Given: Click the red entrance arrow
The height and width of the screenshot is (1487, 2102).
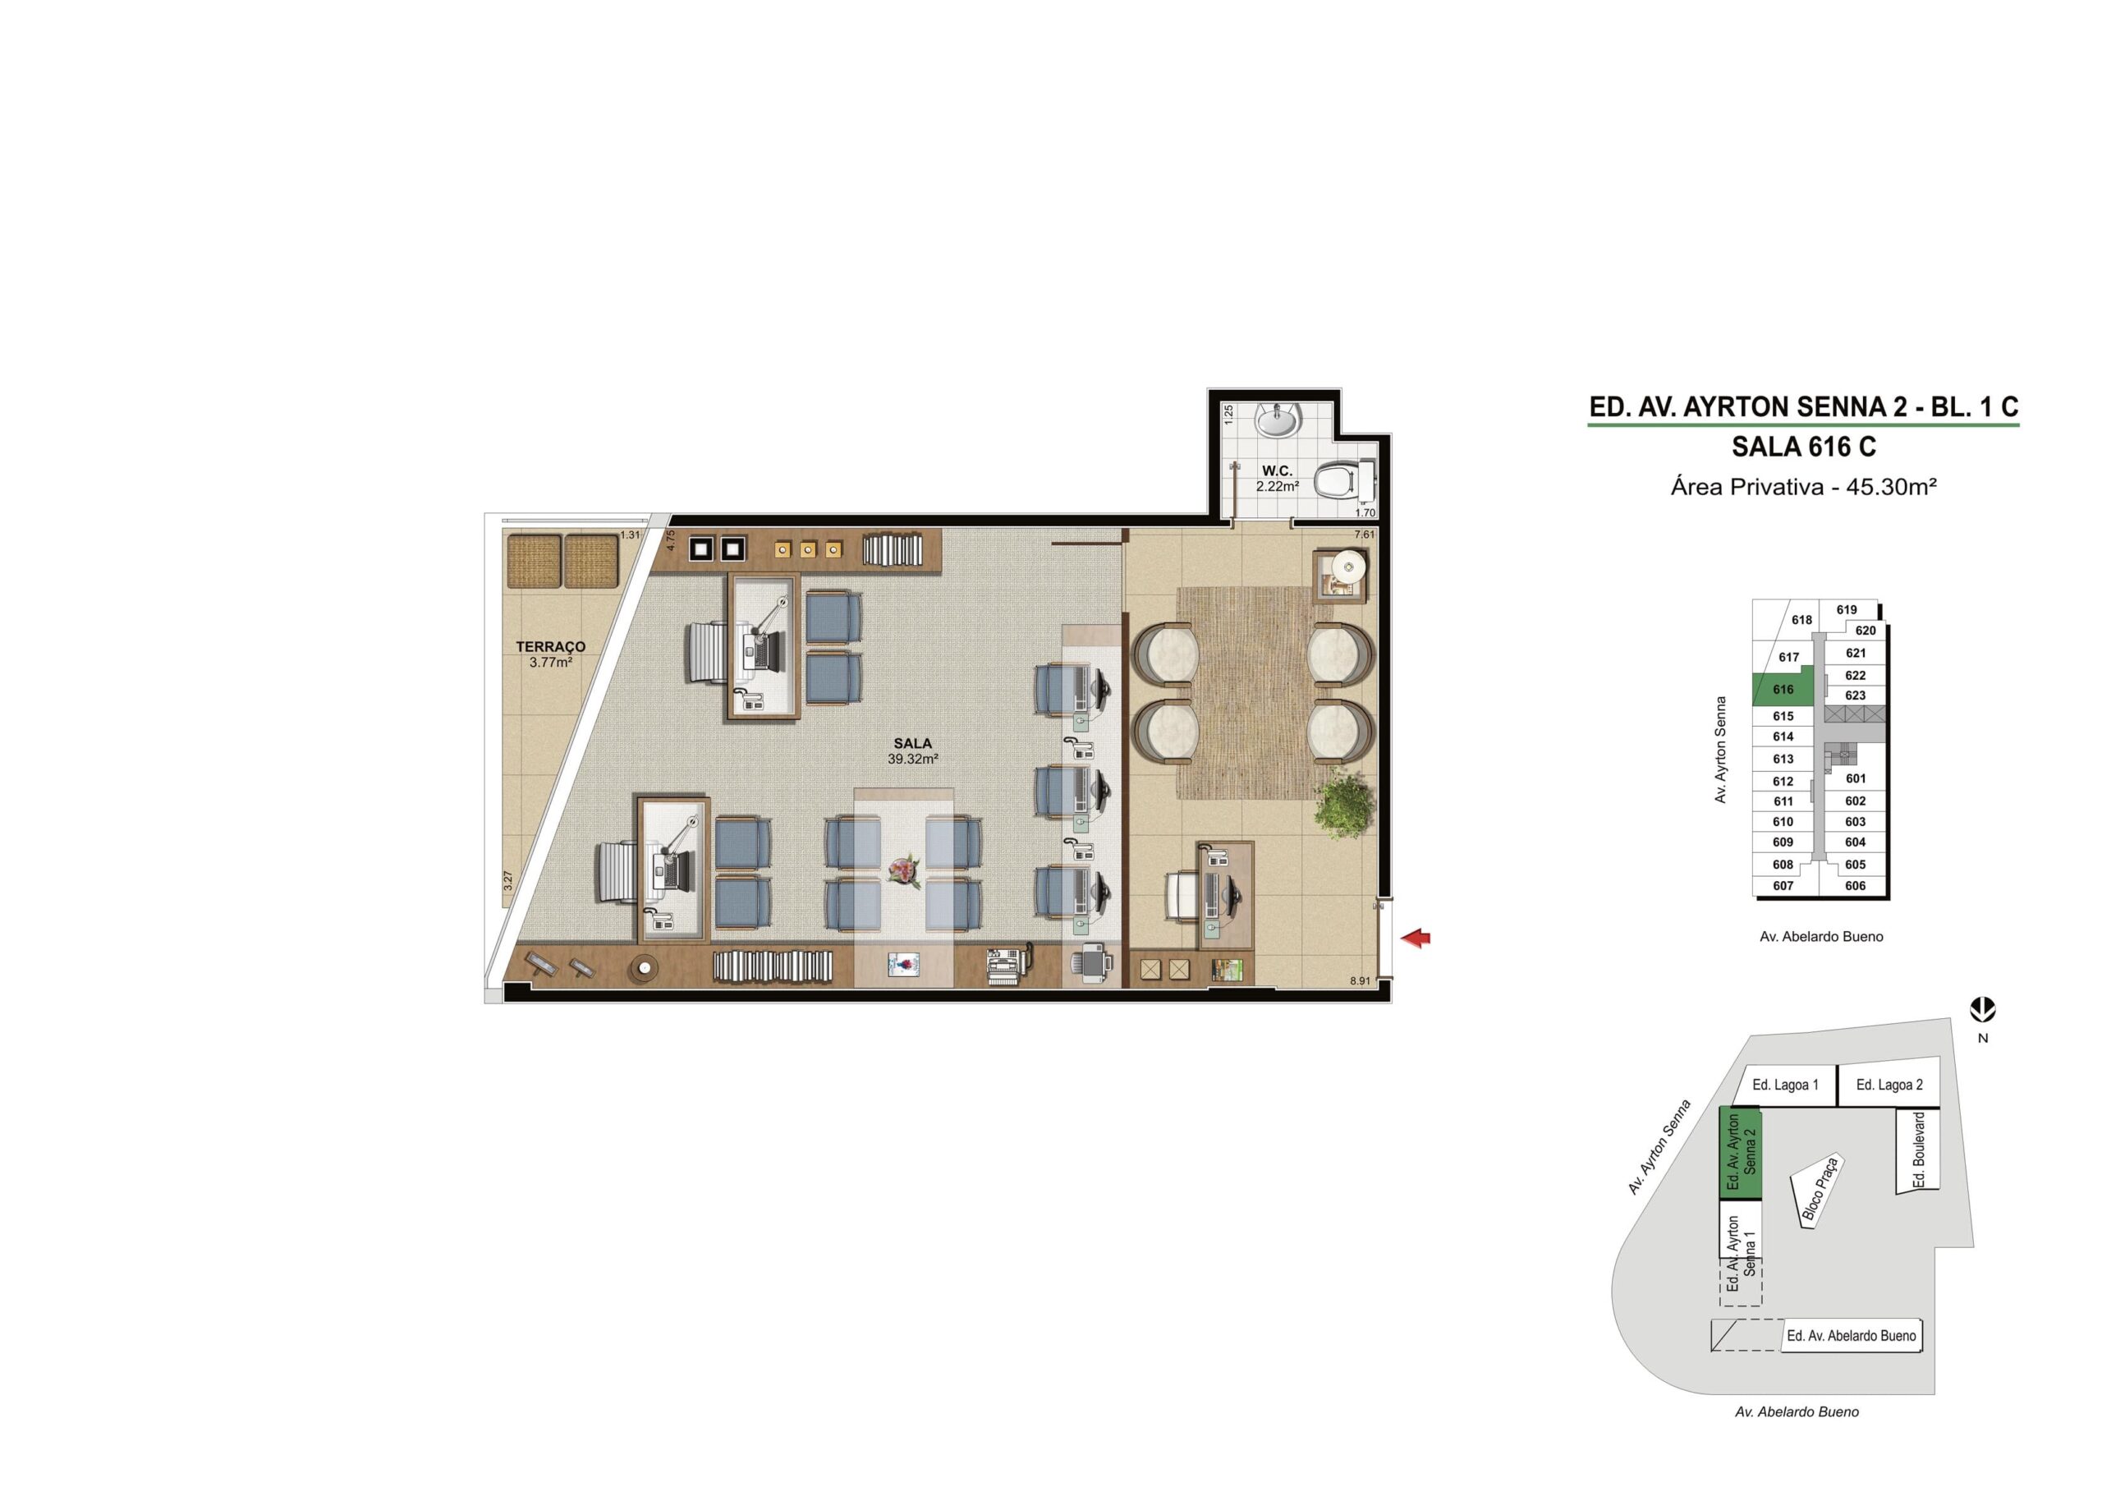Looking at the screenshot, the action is [1416, 937].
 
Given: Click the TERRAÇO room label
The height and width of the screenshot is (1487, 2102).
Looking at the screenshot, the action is [550, 646].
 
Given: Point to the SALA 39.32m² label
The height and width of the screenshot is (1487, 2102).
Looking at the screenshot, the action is [913, 750].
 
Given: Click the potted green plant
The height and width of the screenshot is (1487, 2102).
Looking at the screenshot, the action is [1345, 801].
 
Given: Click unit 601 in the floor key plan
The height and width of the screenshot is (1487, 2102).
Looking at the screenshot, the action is [1856, 778].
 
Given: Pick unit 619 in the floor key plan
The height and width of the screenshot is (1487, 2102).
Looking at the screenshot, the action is [1847, 610].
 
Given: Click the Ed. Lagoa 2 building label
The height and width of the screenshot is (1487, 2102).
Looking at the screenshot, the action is [1889, 1085].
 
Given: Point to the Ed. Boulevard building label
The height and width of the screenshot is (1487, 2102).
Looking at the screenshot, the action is [1919, 1150].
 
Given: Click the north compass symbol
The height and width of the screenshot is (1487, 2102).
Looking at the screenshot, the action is [1983, 1011].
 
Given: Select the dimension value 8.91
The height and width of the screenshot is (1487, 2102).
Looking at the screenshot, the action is [1360, 980].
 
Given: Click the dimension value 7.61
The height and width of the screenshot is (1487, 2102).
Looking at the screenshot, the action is [1364, 534].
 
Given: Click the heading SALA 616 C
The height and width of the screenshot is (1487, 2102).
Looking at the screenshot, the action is [1804, 447].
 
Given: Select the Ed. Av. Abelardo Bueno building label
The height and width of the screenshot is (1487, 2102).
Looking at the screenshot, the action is [1851, 1336].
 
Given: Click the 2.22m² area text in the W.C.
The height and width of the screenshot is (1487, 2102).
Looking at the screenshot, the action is [1277, 486].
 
